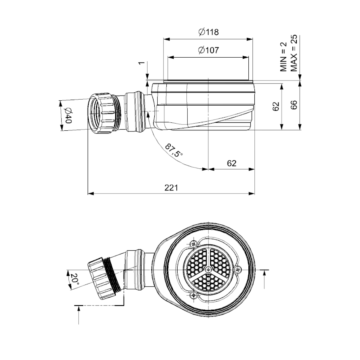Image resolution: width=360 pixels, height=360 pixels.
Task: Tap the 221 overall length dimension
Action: click(x=171, y=187)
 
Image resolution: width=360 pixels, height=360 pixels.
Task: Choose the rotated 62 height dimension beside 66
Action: click(x=276, y=106)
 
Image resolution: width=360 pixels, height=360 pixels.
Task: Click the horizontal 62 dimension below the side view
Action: click(x=232, y=163)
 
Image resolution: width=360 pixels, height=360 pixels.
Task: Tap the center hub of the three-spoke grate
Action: click(x=208, y=270)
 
